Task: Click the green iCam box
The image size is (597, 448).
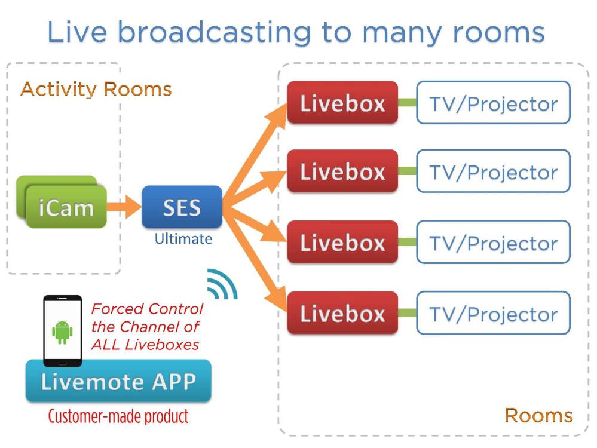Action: [66, 208]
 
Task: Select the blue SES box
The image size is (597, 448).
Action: [182, 207]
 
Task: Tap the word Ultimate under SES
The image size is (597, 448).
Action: [183, 239]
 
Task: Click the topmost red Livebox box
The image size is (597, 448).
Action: [342, 103]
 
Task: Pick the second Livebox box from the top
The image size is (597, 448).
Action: [342, 171]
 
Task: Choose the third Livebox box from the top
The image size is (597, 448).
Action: [342, 242]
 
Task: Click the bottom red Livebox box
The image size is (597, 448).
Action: [342, 313]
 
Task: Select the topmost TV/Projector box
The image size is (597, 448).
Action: [493, 103]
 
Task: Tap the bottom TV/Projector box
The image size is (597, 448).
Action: [493, 313]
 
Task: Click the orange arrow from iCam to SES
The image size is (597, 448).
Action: [124, 208]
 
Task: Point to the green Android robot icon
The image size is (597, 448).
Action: [62, 332]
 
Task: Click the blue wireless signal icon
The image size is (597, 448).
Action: [222, 285]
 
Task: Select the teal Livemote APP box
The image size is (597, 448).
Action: [118, 382]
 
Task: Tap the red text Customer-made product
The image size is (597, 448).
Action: [118, 416]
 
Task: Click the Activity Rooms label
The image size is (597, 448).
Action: [96, 90]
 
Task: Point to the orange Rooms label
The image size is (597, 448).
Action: [538, 416]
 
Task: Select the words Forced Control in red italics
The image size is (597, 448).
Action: [147, 309]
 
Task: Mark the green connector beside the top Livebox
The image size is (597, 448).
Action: [407, 103]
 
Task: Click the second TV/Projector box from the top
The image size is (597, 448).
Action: [493, 171]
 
